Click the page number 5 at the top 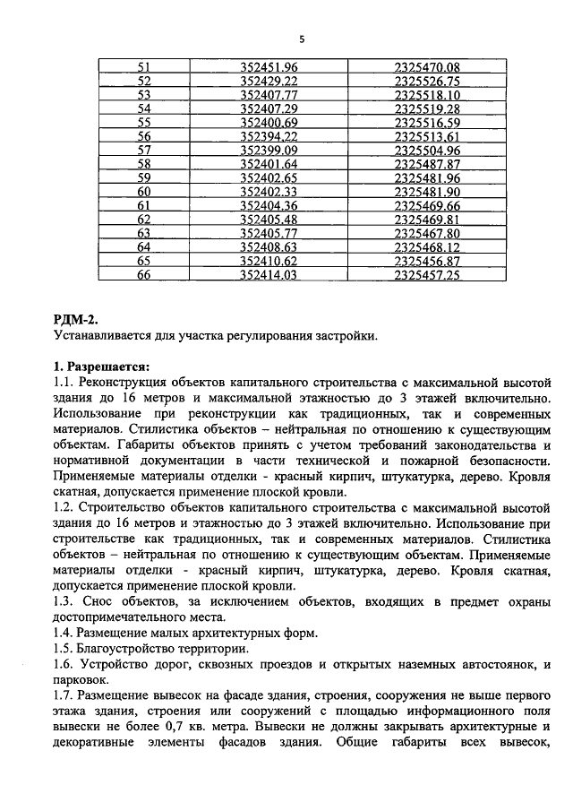[x=302, y=39]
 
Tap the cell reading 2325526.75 [x=426, y=82]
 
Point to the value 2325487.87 [x=426, y=164]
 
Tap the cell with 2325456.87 [x=426, y=261]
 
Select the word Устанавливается [x=107, y=336]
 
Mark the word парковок [x=87, y=680]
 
